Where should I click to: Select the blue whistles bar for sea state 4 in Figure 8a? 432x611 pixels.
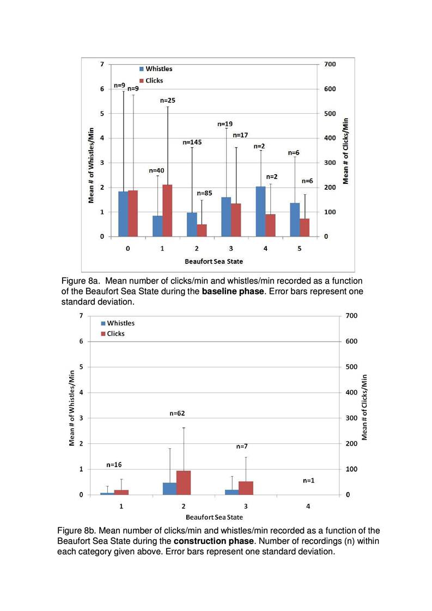261,212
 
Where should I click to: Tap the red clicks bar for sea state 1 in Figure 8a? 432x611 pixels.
167,211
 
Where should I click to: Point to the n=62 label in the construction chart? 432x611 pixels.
177,413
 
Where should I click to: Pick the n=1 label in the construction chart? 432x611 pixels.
308,481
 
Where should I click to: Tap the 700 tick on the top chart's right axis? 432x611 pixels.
330,64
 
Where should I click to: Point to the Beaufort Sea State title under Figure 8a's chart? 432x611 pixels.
214,261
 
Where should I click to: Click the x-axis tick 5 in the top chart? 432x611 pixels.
300,248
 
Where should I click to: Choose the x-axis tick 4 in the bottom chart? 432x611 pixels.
308,506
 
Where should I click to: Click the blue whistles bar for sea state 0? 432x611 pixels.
123,214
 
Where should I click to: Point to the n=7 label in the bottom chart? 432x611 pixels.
242,446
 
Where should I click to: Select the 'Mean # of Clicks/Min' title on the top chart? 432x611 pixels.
346,151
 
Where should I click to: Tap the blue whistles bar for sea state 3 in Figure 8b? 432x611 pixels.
231,492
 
